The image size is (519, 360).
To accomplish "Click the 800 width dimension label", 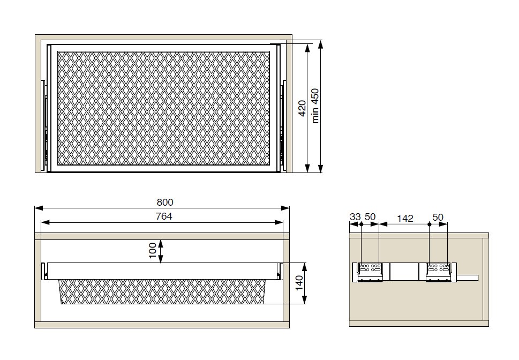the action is (165, 202).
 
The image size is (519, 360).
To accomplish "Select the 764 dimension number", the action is (164, 216).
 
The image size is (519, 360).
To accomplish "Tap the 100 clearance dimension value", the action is (152, 251).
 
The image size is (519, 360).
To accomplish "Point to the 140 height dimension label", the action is (299, 283).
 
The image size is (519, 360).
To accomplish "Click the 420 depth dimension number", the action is (302, 108).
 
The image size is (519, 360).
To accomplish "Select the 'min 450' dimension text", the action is (315, 106).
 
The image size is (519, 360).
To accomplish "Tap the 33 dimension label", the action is (355, 217).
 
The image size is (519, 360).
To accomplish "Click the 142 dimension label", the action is (405, 218).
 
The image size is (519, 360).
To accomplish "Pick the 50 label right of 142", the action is (438, 217).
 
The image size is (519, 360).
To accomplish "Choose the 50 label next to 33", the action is (370, 217).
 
